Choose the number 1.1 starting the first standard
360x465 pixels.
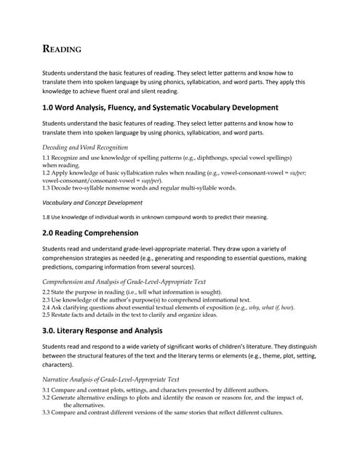tap(47, 157)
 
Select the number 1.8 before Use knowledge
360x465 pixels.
tap(47, 217)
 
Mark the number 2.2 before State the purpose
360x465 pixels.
tap(47, 291)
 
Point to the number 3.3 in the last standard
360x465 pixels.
tap(47, 412)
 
